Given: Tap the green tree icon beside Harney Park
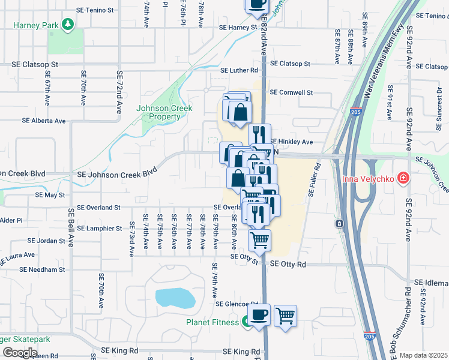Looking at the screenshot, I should click(69, 24).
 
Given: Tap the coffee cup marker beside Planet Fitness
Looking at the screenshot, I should click(259, 315).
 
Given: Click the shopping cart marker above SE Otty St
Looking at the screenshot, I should click(259, 241).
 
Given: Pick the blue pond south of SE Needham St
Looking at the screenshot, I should click(175, 298).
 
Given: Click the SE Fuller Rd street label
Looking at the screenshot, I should click(312, 180).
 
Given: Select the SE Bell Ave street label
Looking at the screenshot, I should click(70, 228).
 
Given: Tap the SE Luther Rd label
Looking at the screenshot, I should click(239, 70).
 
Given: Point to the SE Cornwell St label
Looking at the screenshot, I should click(291, 92).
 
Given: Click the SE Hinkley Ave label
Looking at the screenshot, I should click(292, 142).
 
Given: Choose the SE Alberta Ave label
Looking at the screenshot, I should click(43, 121).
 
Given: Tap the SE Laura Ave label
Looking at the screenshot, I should click(17, 258).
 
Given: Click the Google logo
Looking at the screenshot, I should click(20, 352).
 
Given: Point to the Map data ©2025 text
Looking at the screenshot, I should click(424, 355).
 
